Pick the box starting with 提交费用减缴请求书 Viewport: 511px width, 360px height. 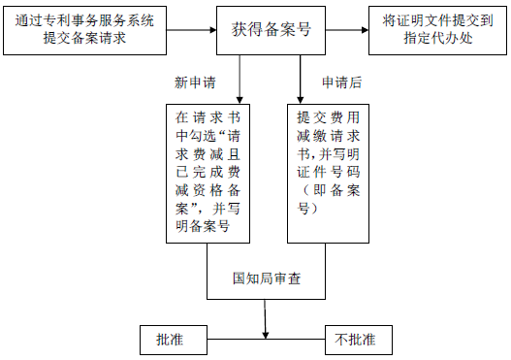[x=329, y=171]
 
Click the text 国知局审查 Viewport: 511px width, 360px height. [x=267, y=278]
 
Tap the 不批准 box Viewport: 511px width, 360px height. [x=355, y=340]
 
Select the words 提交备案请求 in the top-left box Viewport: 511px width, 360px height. [x=64, y=39]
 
